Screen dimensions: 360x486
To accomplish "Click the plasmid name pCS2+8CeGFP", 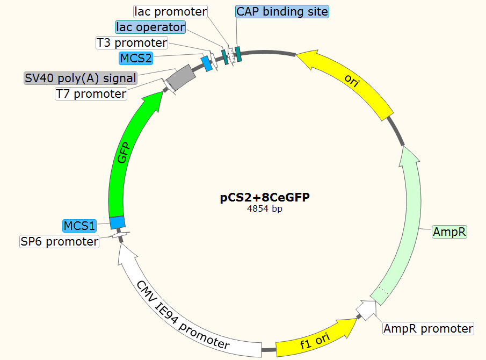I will (x=265, y=198).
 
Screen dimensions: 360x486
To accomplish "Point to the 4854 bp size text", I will (x=265, y=209).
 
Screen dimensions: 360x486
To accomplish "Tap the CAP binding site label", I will (x=282, y=11).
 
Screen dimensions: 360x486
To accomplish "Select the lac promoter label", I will (x=171, y=11).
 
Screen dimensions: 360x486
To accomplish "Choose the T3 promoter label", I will (x=132, y=42).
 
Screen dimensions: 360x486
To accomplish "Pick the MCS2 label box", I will (x=136, y=57).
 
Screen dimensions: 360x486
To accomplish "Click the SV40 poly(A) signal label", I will (x=81, y=78).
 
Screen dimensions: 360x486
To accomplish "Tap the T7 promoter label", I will (x=91, y=94).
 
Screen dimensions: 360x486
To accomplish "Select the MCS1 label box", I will (x=79, y=225).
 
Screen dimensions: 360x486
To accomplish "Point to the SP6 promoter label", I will (x=60, y=241).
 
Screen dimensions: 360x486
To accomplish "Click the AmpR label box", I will (x=449, y=232).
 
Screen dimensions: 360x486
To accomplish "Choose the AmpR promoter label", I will (x=428, y=328).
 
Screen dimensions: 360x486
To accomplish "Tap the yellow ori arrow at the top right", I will (x=349, y=81).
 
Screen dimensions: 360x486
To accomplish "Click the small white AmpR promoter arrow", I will (x=366, y=310).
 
